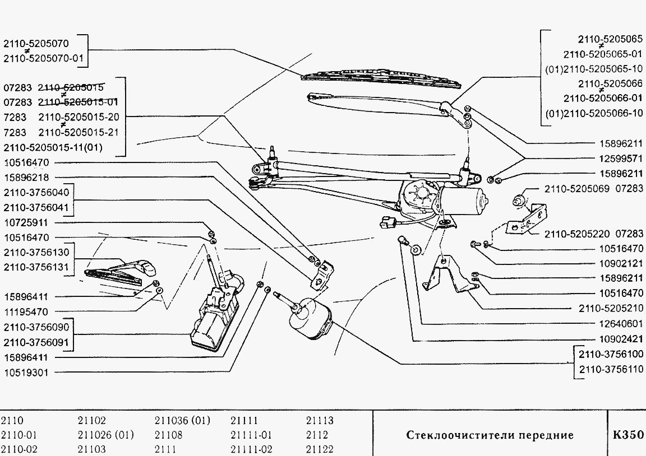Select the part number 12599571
pos(620,159)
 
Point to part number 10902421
pos(620,339)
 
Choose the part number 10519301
pos(27,372)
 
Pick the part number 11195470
pos(27,311)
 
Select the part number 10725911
pos(27,222)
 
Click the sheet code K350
pos(627,435)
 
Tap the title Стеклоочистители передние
pos(489,435)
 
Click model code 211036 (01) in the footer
pos(182,421)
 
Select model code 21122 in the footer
pos(320,449)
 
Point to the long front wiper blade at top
pos(381,78)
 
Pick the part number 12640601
pos(620,324)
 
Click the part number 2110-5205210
pos(611,309)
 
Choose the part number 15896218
pos(27,178)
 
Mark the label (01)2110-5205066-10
pos(594,113)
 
